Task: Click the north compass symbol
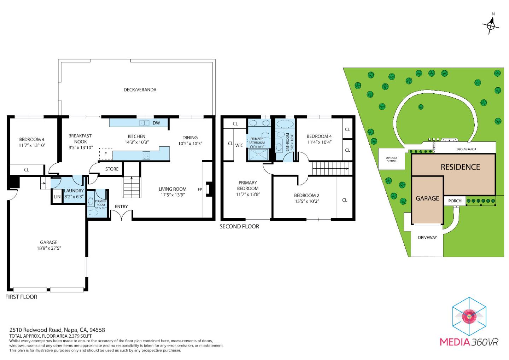pos(491,25)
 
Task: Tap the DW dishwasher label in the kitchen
pos(156,123)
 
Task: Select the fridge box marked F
pos(105,154)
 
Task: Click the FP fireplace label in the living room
pos(200,190)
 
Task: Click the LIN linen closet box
pos(57,197)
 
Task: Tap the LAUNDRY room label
pos(74,191)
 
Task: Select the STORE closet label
pos(112,169)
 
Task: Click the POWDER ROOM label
pos(100,203)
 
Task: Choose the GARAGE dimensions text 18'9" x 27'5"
pos(48,248)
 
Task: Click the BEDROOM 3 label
pos(32,139)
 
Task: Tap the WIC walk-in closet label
pos(239,145)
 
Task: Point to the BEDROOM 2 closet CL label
pos(345,200)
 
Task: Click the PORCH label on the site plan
pos(455,201)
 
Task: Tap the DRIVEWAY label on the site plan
pos(427,237)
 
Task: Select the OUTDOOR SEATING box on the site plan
pos(391,159)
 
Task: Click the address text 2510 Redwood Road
pos(35,330)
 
